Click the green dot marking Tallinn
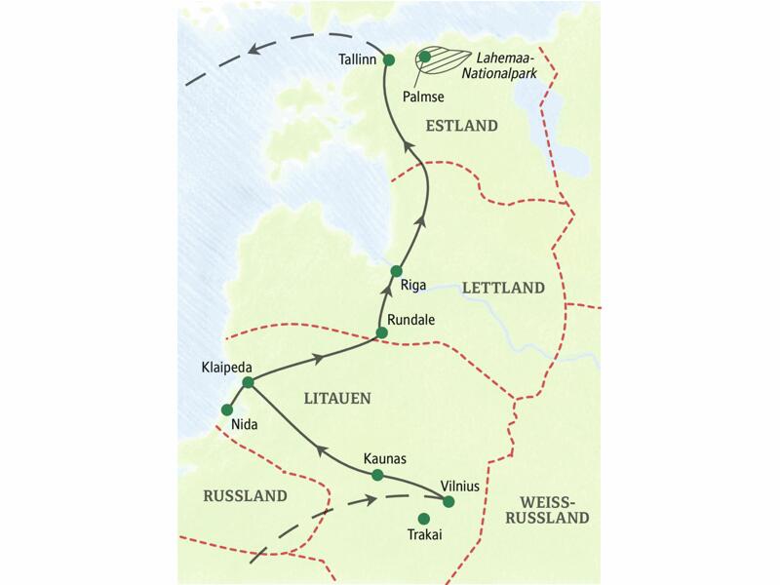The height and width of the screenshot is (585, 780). [388, 60]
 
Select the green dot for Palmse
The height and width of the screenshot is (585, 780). [425, 58]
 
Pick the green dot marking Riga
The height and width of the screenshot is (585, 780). [396, 271]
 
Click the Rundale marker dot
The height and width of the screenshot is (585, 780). [381, 333]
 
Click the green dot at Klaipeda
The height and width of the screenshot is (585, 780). [248, 383]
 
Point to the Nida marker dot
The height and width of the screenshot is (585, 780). [227, 410]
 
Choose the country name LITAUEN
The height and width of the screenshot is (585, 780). [336, 397]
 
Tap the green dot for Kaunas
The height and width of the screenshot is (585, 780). [377, 476]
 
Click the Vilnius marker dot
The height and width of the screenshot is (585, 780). [448, 502]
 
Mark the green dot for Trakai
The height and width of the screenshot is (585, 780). [423, 519]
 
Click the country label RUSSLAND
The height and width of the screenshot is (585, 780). [246, 496]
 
